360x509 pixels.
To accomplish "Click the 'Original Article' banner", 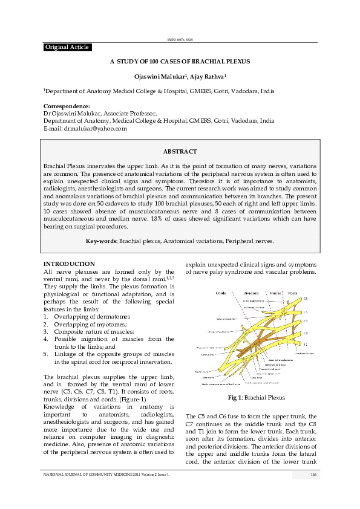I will (67, 47).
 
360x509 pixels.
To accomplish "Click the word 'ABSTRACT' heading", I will (180, 151).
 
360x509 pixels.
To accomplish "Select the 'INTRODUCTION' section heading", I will (69, 264).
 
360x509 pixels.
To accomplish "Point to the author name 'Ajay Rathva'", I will (208, 77).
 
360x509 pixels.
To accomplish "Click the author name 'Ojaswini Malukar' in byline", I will (159, 77).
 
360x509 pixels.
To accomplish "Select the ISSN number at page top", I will (180, 40).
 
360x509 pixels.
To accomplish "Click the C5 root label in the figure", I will (306, 299).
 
